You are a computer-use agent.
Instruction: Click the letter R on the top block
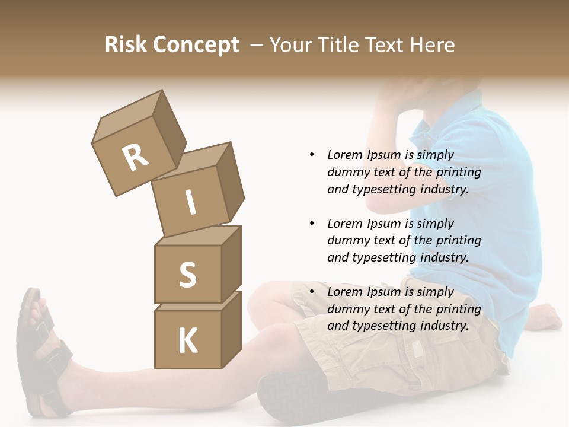[135, 158]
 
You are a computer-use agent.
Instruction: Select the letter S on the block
[187, 275]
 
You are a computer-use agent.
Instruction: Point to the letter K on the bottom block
[187, 341]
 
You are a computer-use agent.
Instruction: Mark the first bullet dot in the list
[312, 155]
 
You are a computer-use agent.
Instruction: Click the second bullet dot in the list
[312, 224]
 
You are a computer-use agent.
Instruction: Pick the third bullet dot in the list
[312, 292]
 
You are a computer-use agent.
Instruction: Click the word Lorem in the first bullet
[345, 155]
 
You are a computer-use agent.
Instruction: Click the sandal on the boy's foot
[41, 356]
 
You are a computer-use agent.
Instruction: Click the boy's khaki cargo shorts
[385, 344]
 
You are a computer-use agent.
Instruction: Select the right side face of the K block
[231, 329]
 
